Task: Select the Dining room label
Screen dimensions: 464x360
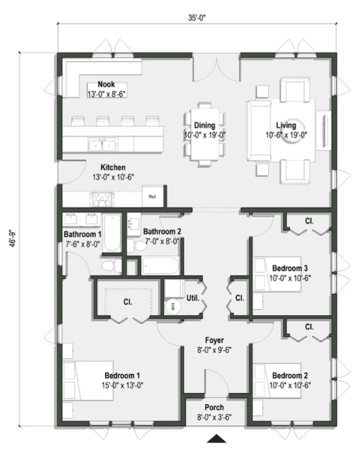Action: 204,125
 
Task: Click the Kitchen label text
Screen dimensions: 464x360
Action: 113,168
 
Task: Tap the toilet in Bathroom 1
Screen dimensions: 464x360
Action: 110,265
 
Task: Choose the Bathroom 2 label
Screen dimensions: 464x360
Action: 162,232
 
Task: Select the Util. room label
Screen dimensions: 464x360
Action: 193,298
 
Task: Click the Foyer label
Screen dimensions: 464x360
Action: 214,340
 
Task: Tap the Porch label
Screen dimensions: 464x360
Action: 214,407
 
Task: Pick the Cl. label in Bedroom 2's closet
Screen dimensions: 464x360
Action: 310,326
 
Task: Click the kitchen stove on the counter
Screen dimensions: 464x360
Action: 102,197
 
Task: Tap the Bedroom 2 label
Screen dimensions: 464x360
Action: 290,374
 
